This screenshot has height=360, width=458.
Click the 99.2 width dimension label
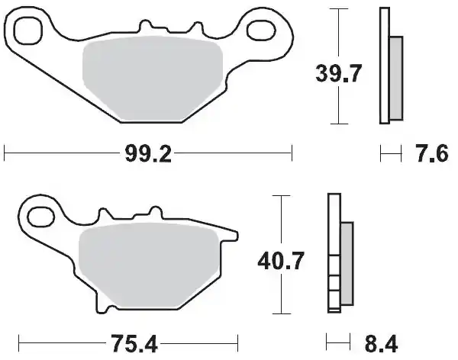tap(148, 153)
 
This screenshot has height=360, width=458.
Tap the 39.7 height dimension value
tap(338, 73)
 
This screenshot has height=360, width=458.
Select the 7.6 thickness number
tap(432, 153)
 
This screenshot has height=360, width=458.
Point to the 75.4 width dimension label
tap(134, 343)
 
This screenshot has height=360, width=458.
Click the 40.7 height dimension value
tap(281, 260)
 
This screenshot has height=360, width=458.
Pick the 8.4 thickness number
tap(381, 343)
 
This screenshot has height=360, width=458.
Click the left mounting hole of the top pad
tap(28, 31)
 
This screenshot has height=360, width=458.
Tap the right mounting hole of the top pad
tap(261, 30)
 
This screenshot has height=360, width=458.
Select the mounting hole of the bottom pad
tap(40, 217)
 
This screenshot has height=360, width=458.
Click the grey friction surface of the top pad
tap(153, 79)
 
